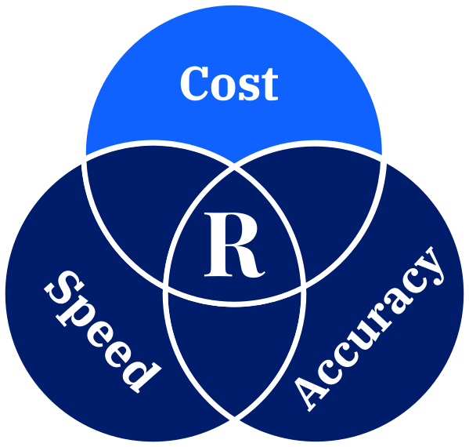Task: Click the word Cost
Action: pyautogui.click(x=229, y=83)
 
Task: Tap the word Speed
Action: pyautogui.click(x=103, y=332)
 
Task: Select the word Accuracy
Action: pyautogui.click(x=369, y=329)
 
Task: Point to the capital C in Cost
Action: pyautogui.click(x=194, y=83)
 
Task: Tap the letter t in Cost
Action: pyautogui.click(x=269, y=85)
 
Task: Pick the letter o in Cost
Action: pyautogui.click(x=223, y=87)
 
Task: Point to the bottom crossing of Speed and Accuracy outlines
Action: pyautogui.click(x=235, y=419)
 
